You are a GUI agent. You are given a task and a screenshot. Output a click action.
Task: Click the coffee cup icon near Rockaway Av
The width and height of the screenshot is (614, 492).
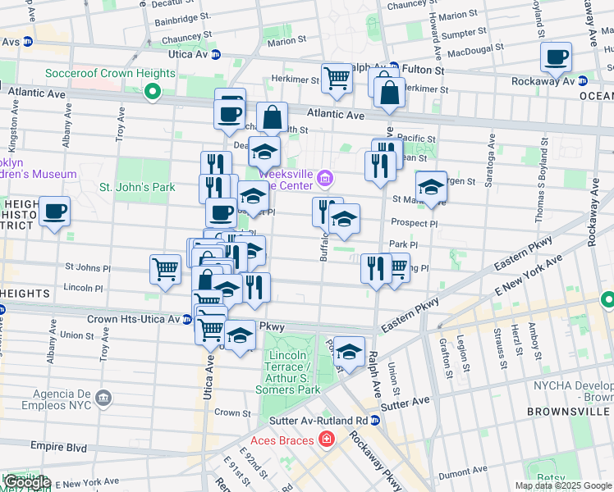pyautogui.click(x=556, y=57)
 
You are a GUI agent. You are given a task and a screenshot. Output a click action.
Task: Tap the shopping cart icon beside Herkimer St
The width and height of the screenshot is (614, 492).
pyautogui.click(x=337, y=79)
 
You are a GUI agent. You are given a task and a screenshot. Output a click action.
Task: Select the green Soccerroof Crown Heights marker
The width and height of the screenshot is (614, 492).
pyautogui.click(x=151, y=92)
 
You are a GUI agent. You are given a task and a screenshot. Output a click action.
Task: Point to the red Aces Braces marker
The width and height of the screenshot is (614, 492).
pyautogui.click(x=327, y=441)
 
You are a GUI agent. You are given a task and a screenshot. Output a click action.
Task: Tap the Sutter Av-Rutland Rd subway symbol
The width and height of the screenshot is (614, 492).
pyautogui.click(x=374, y=421)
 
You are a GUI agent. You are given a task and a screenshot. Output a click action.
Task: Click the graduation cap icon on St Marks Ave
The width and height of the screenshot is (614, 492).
pyautogui.click(x=430, y=188)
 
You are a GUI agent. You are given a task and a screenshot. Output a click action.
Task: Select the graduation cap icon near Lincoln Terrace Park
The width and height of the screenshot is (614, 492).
pyautogui.click(x=349, y=352)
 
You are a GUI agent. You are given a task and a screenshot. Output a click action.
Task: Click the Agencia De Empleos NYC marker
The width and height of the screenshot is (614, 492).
pyautogui.click(x=103, y=399)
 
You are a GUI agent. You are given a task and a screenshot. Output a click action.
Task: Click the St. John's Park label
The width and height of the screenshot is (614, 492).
pyautogui.click(x=137, y=187)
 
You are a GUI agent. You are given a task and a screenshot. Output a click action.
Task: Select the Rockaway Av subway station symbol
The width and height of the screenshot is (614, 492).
pyautogui.click(x=581, y=81)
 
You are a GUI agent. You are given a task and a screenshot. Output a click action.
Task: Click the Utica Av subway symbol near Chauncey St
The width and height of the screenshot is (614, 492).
pyautogui.click(x=216, y=54)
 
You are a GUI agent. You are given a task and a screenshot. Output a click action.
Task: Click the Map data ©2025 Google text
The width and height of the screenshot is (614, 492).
pyautogui.click(x=563, y=485)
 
